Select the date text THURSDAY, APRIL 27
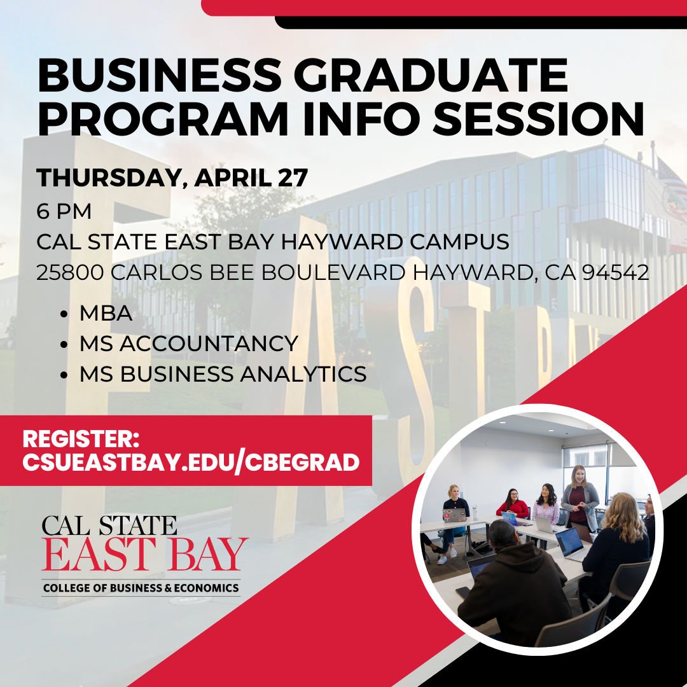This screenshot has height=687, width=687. coord(172,178)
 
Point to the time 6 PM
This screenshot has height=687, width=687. coord(64,211)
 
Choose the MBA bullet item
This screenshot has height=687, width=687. coord(106,313)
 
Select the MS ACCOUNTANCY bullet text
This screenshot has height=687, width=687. coord(188,343)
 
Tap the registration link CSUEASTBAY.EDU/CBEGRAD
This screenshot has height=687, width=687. coord(191,462)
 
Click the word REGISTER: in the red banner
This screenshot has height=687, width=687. coord(81,439)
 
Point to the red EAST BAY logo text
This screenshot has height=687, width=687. coord(144,555)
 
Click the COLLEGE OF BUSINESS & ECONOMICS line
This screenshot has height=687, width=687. coord(141,588)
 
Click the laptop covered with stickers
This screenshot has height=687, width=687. coord(454,515)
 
